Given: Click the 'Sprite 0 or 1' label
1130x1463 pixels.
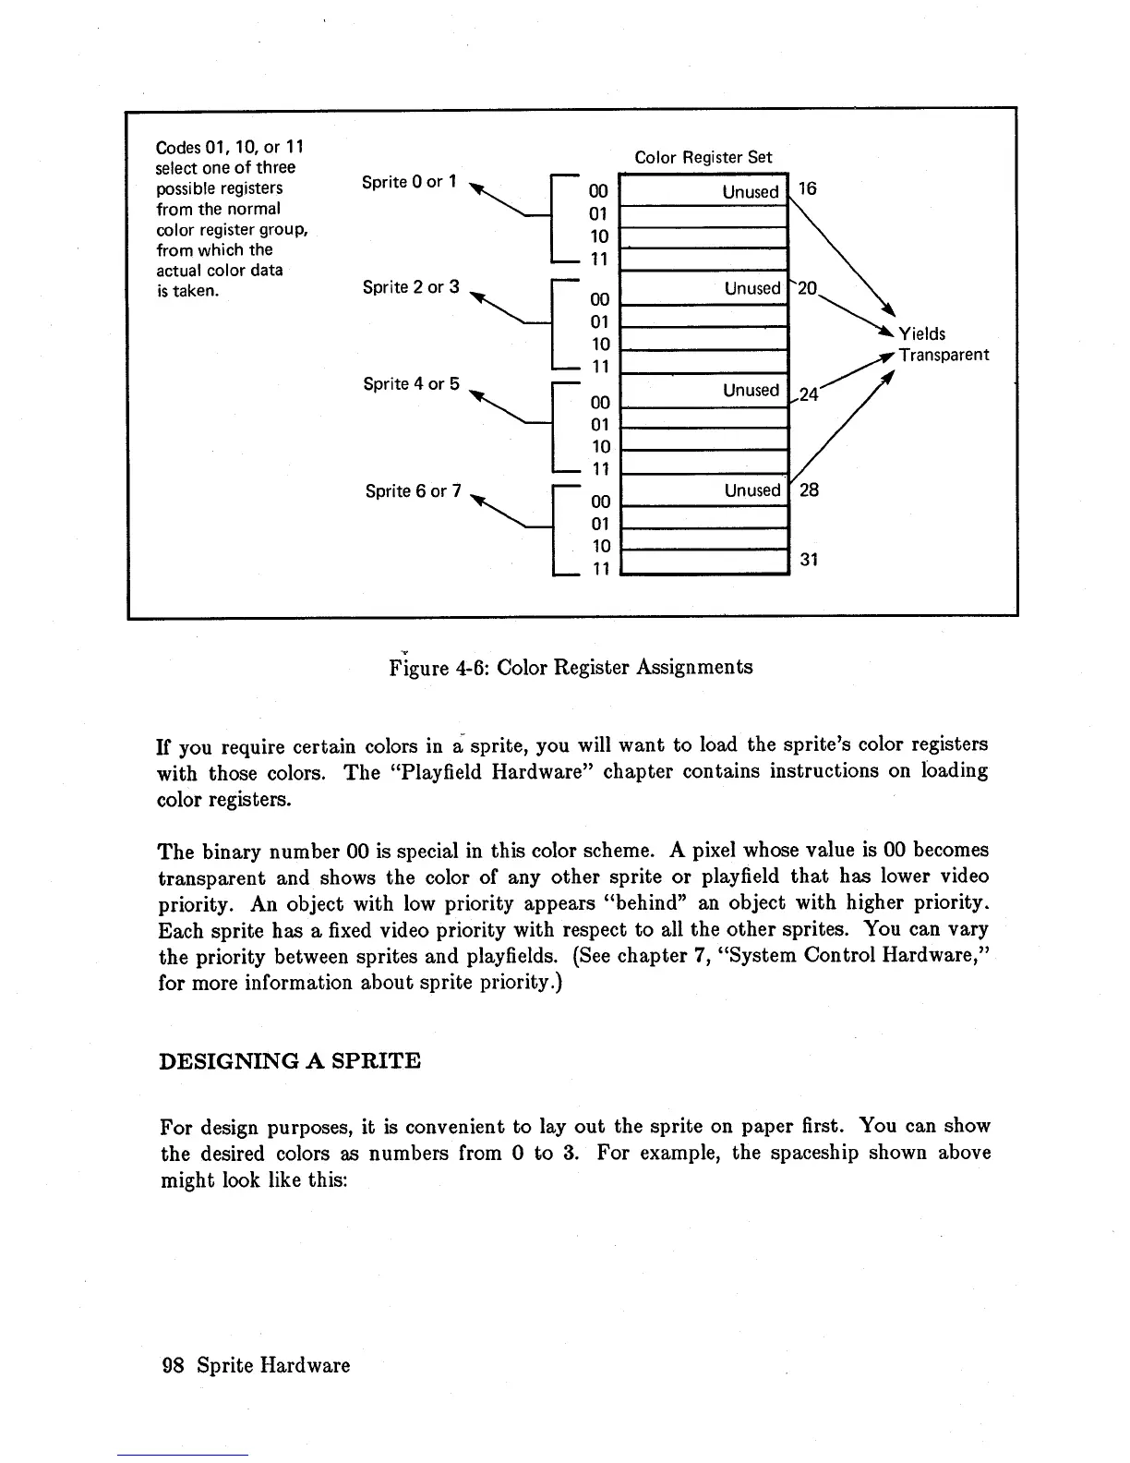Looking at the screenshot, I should [x=409, y=182].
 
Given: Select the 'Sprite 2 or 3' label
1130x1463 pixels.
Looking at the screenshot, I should [x=411, y=287].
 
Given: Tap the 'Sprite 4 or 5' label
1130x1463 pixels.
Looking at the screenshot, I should [x=411, y=383].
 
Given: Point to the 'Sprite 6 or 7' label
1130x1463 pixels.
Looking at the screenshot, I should [x=413, y=490].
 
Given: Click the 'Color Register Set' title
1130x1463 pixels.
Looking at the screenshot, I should [x=703, y=158].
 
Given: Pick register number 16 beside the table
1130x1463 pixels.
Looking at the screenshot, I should [x=807, y=189].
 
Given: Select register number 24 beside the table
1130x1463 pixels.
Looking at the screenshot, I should [x=809, y=394].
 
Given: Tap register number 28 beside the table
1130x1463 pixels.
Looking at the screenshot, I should [x=809, y=490].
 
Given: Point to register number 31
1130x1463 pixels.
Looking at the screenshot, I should [x=809, y=560].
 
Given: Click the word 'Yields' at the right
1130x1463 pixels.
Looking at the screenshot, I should [x=922, y=333].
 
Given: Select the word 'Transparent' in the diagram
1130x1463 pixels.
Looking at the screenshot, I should [x=944, y=355].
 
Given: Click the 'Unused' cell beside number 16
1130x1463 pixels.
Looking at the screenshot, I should [x=751, y=192].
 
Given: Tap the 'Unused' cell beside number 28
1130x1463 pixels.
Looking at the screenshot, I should [x=751, y=490].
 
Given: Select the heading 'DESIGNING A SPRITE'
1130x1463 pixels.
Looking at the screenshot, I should [x=290, y=1060].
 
